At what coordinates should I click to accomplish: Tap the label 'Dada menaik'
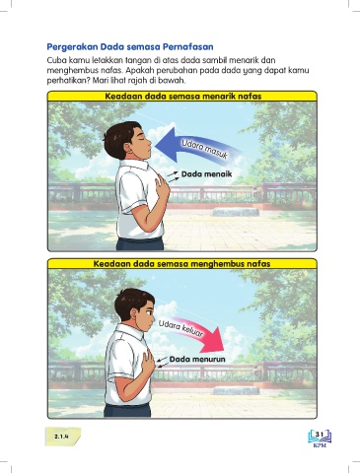(207, 174)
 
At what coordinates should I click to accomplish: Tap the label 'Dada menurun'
(197, 360)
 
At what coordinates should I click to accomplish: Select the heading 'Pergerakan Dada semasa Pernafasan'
(130, 47)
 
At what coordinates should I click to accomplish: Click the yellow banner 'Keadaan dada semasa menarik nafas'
(182, 97)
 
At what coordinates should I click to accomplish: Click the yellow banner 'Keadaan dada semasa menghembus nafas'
(182, 264)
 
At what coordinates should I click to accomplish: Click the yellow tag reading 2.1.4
(62, 437)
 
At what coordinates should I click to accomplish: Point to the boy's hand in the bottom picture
(149, 362)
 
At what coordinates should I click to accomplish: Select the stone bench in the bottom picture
(236, 390)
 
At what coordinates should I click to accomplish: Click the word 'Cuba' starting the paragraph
(55, 60)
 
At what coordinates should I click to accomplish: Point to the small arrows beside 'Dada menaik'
(173, 176)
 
